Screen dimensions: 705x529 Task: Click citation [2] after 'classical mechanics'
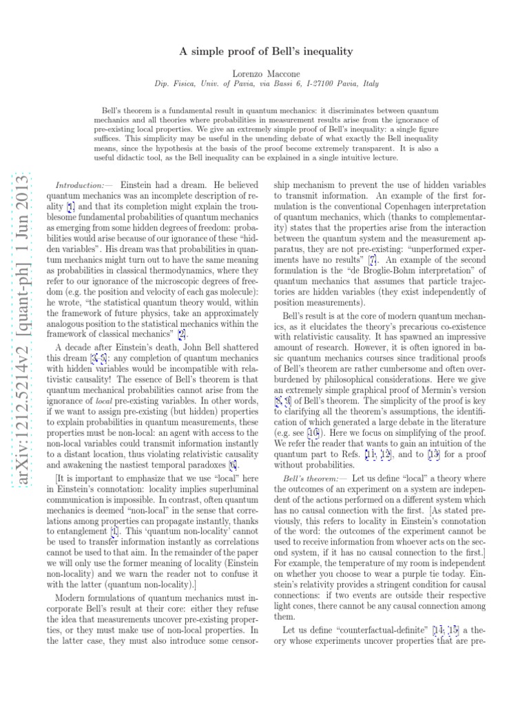click(182, 335)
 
